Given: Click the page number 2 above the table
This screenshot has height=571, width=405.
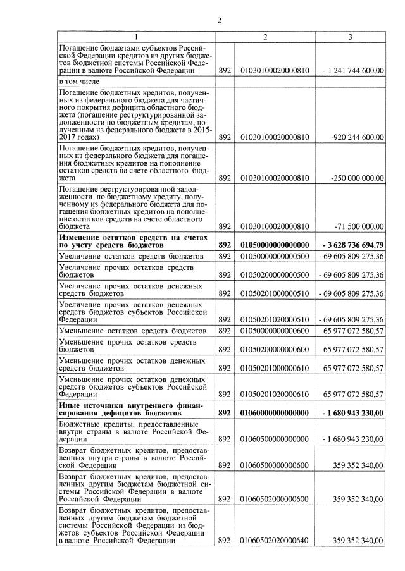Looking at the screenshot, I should coord(219,20).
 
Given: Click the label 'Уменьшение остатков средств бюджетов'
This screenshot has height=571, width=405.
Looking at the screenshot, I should coord(130,331).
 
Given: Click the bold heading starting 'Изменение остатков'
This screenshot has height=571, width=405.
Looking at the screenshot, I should coord(133,240).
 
